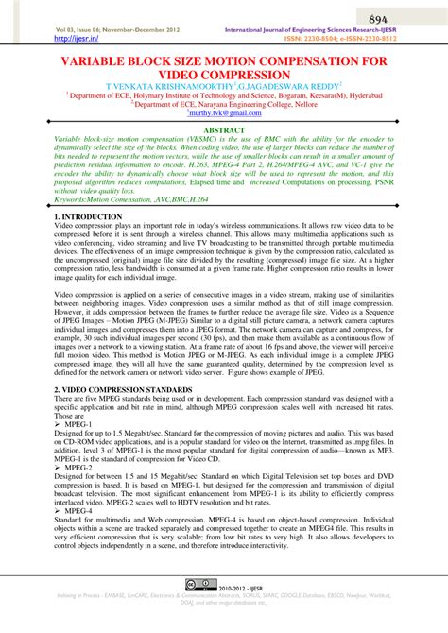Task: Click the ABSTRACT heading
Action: (224, 128)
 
